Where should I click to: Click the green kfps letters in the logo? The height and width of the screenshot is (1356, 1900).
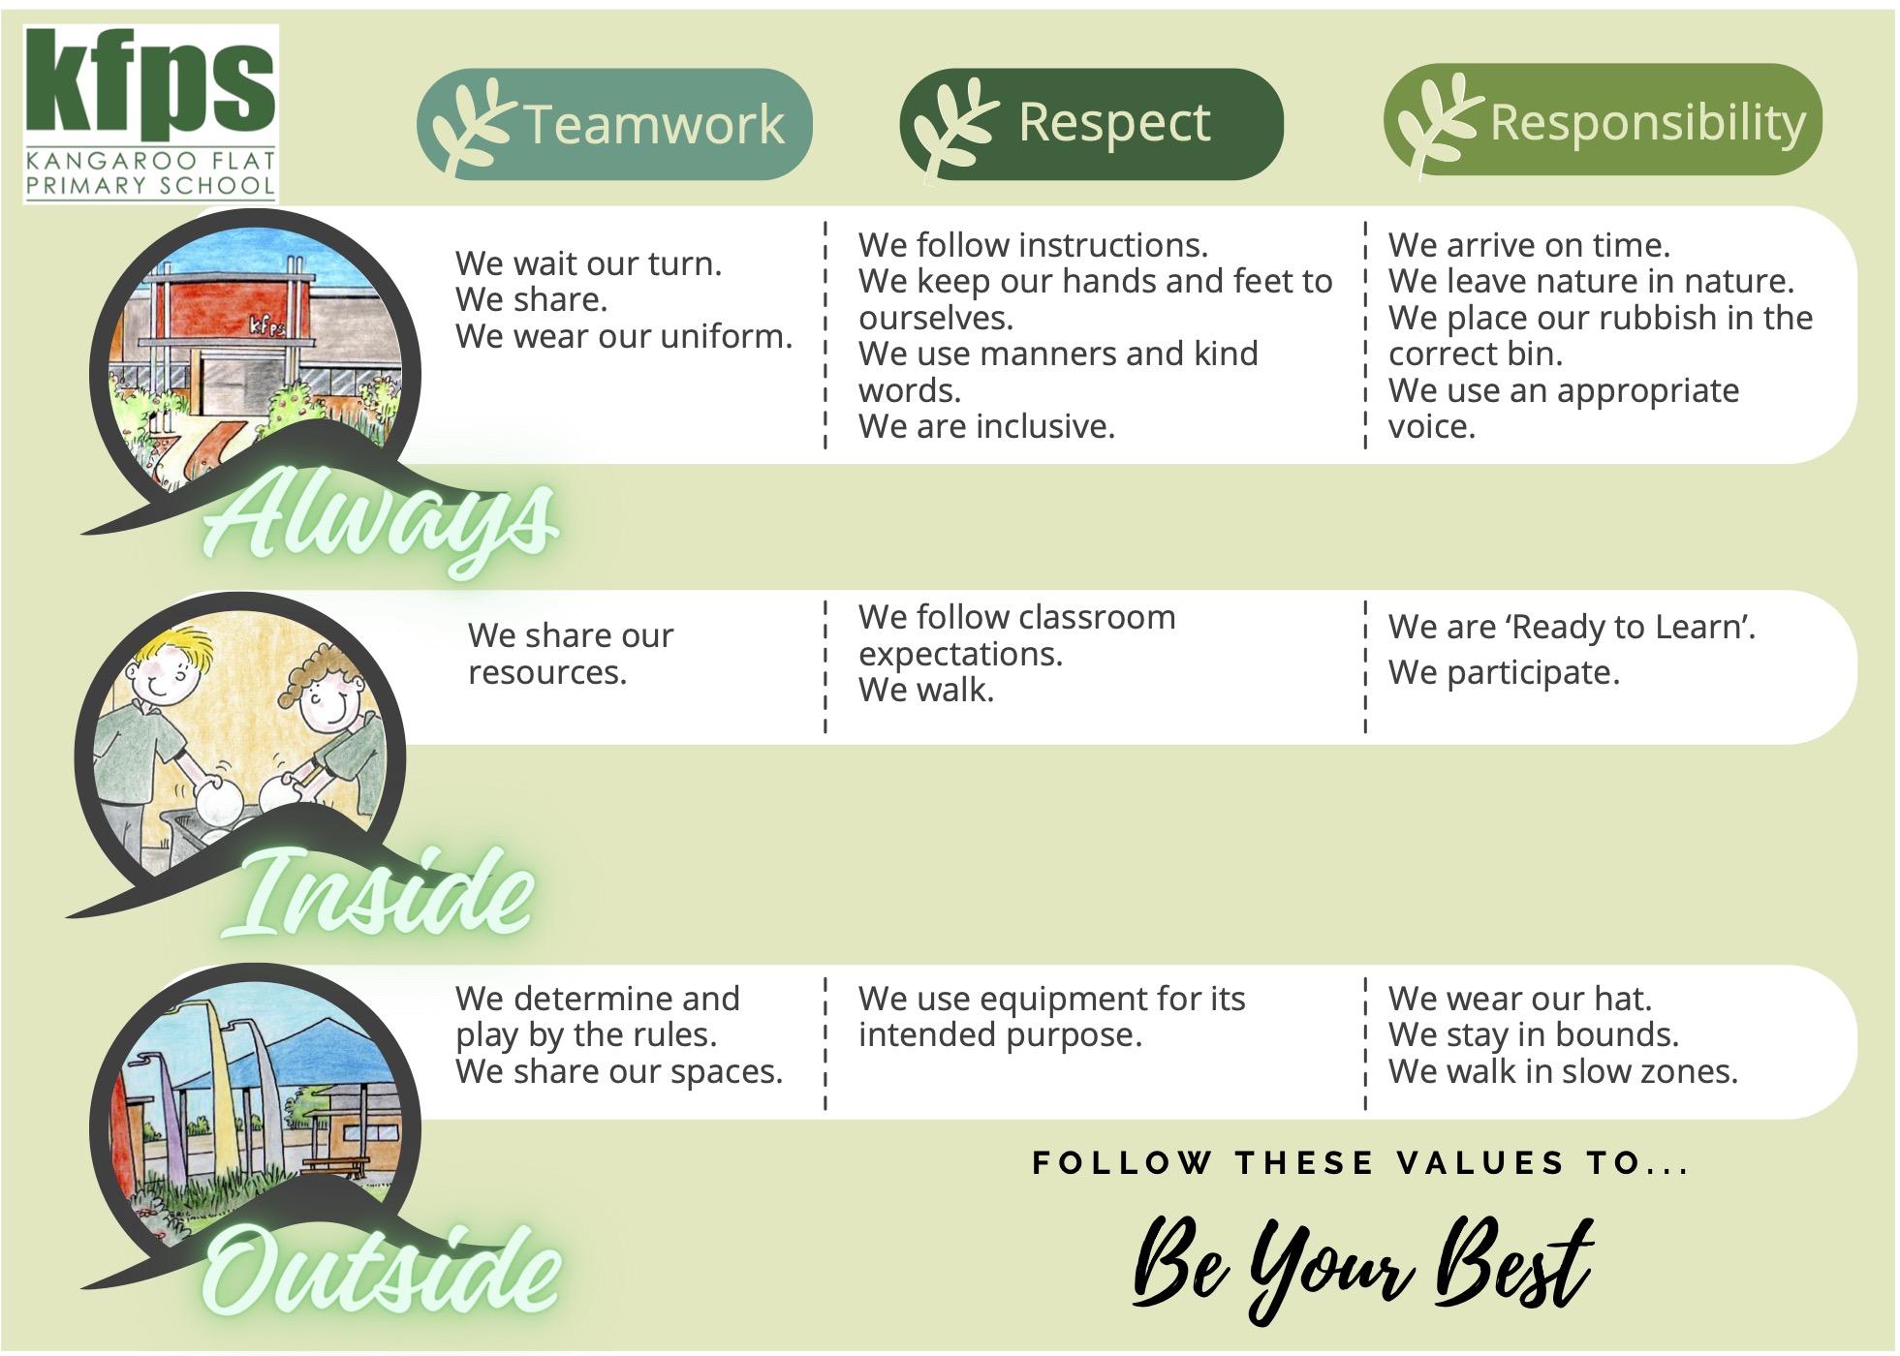point(150,84)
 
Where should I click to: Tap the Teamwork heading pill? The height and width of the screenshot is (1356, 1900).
point(614,124)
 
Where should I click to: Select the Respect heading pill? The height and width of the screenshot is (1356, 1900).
point(1091,124)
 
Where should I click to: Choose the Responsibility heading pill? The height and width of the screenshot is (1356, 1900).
point(1603,120)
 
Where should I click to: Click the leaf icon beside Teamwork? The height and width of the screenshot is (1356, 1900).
point(471,126)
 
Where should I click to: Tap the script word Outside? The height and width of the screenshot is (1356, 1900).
point(382,1269)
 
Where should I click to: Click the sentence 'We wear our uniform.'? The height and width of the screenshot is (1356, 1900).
point(624,337)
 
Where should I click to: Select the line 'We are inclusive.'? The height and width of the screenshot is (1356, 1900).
point(986,427)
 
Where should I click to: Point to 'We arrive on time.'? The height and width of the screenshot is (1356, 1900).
point(1529,245)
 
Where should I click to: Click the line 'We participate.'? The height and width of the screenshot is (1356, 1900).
point(1504,672)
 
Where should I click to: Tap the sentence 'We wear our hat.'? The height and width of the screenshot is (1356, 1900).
point(1520,999)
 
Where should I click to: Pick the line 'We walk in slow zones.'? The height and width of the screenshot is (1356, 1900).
point(1563,1071)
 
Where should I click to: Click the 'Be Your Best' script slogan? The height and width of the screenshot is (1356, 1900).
point(1362,1265)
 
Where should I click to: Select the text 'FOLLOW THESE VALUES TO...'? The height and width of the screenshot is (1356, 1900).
point(1361,1162)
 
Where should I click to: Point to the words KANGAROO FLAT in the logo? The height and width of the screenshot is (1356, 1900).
point(150,161)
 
